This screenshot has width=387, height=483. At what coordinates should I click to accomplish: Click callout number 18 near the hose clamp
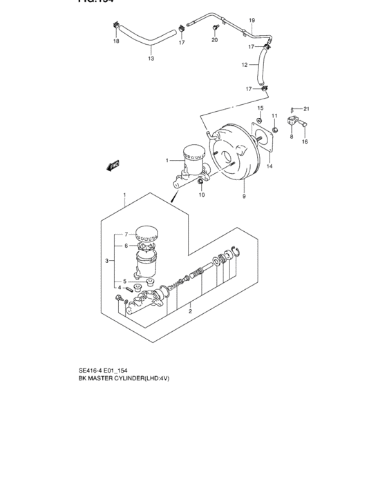116,42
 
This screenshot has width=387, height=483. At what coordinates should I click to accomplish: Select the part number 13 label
151,59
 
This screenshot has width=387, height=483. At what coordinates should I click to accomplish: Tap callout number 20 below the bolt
214,40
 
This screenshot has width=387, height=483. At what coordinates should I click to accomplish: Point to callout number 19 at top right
252,20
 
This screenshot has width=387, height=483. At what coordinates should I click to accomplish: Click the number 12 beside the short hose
244,66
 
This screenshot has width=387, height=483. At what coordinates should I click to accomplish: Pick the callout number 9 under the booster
244,197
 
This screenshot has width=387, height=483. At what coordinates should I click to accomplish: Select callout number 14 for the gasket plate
270,166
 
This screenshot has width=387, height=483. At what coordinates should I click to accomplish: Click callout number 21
307,109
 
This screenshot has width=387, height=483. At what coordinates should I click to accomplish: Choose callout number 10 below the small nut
202,195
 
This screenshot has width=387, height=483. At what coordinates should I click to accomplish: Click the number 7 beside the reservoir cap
126,234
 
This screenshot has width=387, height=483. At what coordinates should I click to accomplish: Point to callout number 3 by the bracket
106,260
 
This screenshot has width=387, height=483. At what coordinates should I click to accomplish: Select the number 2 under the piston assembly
189,312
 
